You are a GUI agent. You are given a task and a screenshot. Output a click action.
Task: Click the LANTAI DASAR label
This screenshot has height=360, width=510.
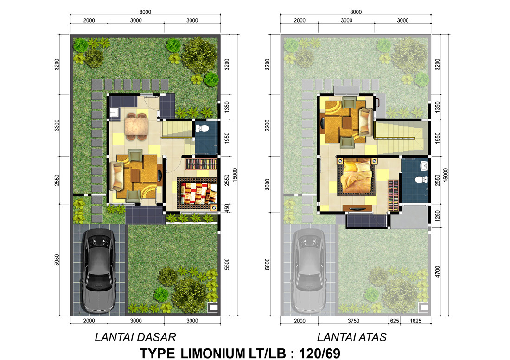pos(135,337)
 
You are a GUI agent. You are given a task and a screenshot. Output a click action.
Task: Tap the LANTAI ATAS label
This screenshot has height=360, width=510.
pos(351,337)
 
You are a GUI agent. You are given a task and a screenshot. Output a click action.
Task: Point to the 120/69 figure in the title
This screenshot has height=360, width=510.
pos(319,353)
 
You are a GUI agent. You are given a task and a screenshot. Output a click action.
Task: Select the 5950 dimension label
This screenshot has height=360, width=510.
pos(57,260)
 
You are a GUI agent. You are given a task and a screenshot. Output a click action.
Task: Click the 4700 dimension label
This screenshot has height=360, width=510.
pos(437,272)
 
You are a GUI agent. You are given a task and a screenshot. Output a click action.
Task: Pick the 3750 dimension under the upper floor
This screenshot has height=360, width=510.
pos(353,321)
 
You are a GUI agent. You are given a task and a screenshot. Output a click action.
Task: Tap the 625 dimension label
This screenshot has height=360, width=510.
pos(394,321)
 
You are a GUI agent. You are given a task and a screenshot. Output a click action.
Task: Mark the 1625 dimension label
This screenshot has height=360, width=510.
pos(415,321)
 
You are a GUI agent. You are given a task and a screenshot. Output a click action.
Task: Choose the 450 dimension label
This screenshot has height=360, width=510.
pos(227,208)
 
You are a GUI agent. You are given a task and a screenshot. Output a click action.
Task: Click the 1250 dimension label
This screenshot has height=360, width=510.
pos(437,216)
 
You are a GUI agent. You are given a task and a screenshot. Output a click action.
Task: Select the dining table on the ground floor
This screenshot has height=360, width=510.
pos(137,126)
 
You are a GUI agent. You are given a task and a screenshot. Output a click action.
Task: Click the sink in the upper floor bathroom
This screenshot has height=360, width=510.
pos(424,166)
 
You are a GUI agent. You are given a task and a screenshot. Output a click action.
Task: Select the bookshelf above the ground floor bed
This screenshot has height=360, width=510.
pos(201,164)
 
